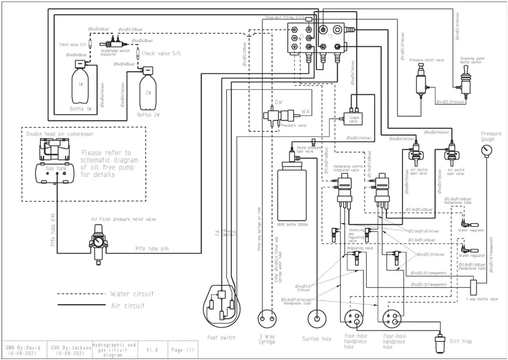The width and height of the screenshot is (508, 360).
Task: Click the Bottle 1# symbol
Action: point(80,85)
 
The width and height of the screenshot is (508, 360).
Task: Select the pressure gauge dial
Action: point(485,151)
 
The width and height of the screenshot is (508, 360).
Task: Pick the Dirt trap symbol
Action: point(441,344)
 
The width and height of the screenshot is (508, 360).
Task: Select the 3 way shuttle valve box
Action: point(473,287)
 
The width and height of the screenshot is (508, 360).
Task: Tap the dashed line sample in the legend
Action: point(80,294)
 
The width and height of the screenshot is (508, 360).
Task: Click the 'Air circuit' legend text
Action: point(128,305)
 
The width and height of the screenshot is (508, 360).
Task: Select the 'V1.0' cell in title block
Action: point(153,350)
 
